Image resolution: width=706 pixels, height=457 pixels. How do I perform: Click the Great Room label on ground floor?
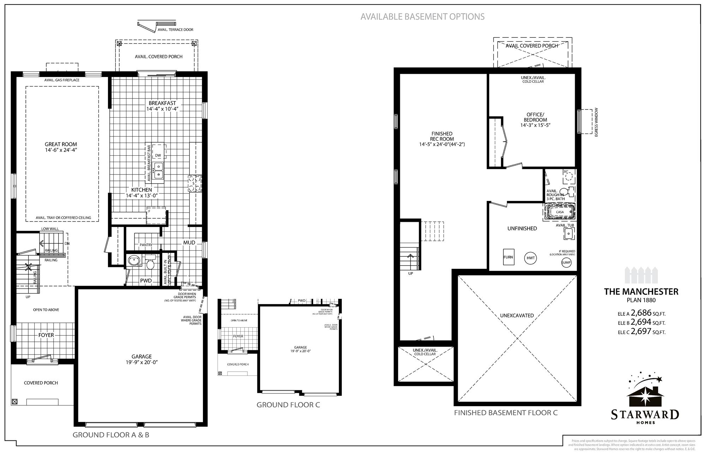tap(61, 144)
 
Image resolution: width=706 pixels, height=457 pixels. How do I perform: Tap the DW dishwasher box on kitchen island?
tap(158, 155)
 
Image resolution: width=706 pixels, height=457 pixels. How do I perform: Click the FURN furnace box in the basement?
tap(508, 257)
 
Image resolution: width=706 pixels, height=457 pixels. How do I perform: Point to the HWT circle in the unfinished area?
tap(531, 258)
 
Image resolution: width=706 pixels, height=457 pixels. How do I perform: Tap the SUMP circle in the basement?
tap(566, 262)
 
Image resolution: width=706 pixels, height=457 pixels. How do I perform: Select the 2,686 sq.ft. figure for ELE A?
tap(641, 313)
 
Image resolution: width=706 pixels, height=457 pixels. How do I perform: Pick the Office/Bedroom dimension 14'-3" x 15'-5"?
tap(535, 125)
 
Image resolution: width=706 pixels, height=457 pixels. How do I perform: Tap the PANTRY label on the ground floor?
tap(146, 245)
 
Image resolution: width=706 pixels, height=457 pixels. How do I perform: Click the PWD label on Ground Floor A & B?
tap(146, 280)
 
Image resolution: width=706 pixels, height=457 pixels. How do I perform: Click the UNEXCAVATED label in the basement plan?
tap(517, 315)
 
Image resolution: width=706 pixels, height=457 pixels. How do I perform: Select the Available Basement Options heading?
tap(422, 17)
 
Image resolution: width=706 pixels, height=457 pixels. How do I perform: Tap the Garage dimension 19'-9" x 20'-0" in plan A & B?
tap(142, 362)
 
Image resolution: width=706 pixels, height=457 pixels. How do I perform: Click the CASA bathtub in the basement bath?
tap(560, 212)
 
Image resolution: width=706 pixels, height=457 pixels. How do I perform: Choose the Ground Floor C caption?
tap(288, 405)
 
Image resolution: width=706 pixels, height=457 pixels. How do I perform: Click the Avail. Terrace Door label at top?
tap(175, 30)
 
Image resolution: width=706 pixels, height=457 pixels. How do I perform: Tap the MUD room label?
tap(189, 243)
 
